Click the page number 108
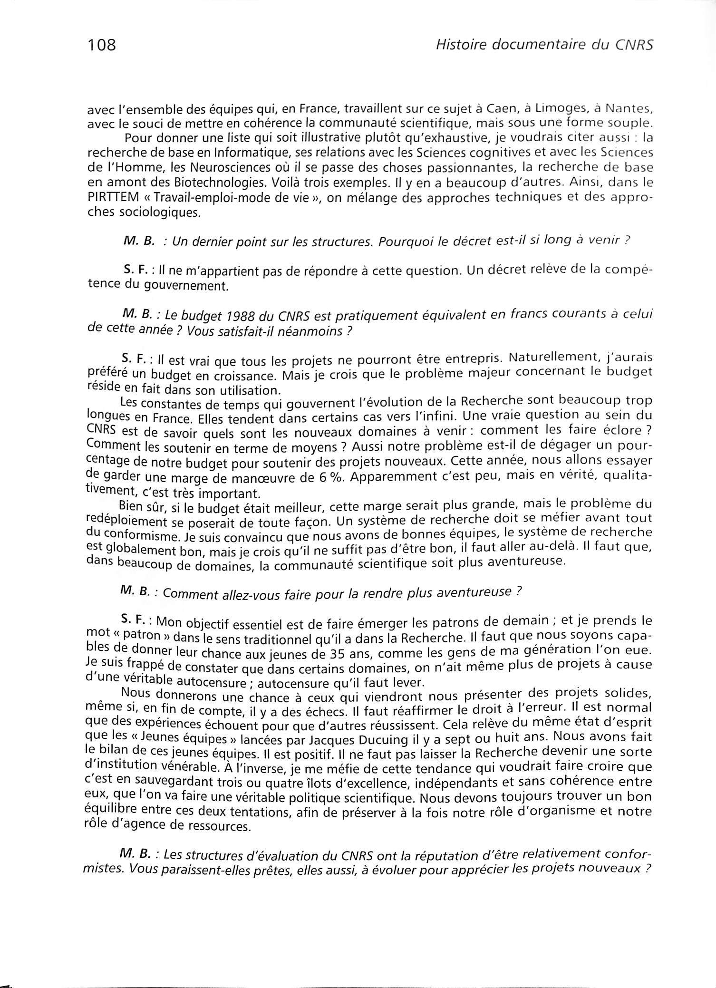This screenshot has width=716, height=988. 102,45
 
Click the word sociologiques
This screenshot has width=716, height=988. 155,213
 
